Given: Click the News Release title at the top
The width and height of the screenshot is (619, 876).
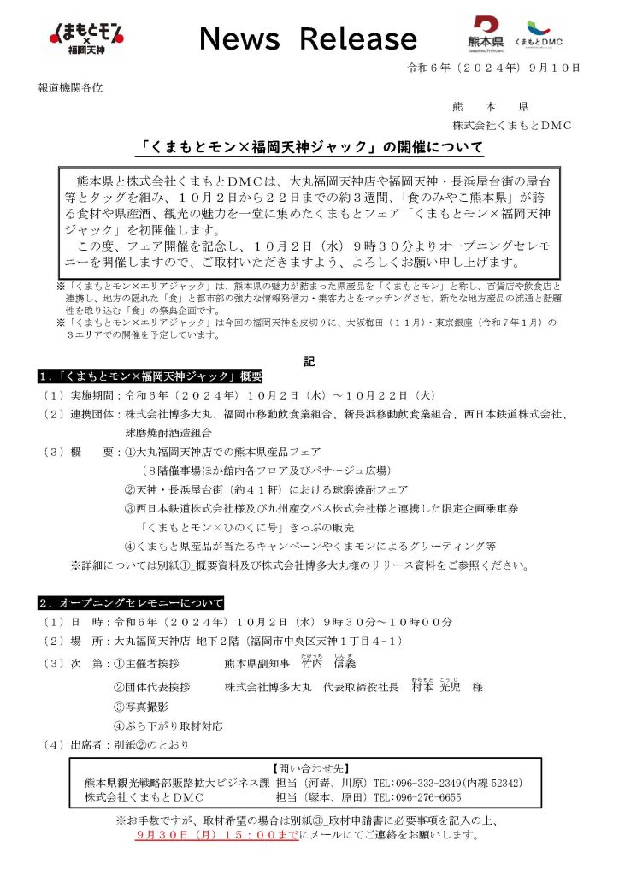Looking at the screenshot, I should pos(308,38).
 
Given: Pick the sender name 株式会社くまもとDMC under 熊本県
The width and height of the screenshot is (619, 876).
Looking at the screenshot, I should pos(512,125).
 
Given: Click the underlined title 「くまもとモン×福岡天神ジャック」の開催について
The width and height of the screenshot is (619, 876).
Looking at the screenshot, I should pos(312,148).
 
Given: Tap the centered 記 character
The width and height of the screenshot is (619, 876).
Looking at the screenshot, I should pos(309,362).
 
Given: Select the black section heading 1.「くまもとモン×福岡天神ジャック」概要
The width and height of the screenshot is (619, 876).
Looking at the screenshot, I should pos(150,377).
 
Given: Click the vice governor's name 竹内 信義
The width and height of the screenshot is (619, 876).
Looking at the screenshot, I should pos(328,664).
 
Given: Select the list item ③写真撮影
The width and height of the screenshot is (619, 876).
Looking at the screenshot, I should pos(141,707).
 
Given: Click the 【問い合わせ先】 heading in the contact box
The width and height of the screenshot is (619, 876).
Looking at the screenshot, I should pos(309,769).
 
